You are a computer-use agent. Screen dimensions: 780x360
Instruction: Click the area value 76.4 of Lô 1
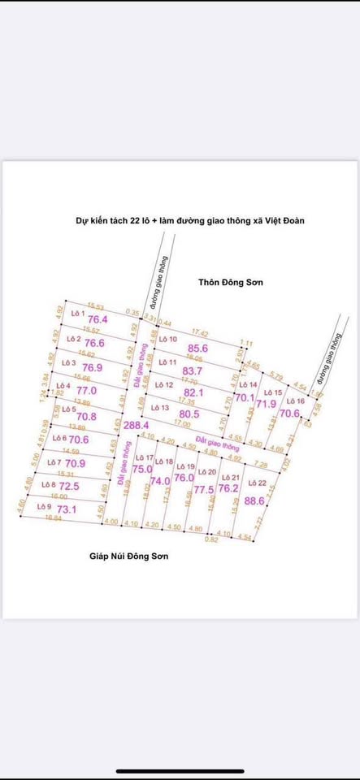[98, 320]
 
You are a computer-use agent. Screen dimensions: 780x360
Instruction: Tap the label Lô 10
[168, 339]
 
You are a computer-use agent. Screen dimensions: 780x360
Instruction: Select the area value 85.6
[199, 349]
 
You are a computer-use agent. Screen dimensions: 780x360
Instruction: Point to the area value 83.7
[193, 370]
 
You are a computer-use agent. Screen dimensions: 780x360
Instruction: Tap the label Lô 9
[45, 506]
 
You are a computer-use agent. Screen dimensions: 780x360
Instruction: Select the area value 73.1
[67, 509]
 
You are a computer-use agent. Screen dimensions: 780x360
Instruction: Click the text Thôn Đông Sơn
[232, 282]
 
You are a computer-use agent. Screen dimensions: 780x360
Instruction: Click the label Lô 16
[296, 401]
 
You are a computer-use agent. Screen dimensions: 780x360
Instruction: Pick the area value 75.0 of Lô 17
[142, 469]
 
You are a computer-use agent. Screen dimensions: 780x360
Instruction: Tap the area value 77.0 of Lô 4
[87, 390]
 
